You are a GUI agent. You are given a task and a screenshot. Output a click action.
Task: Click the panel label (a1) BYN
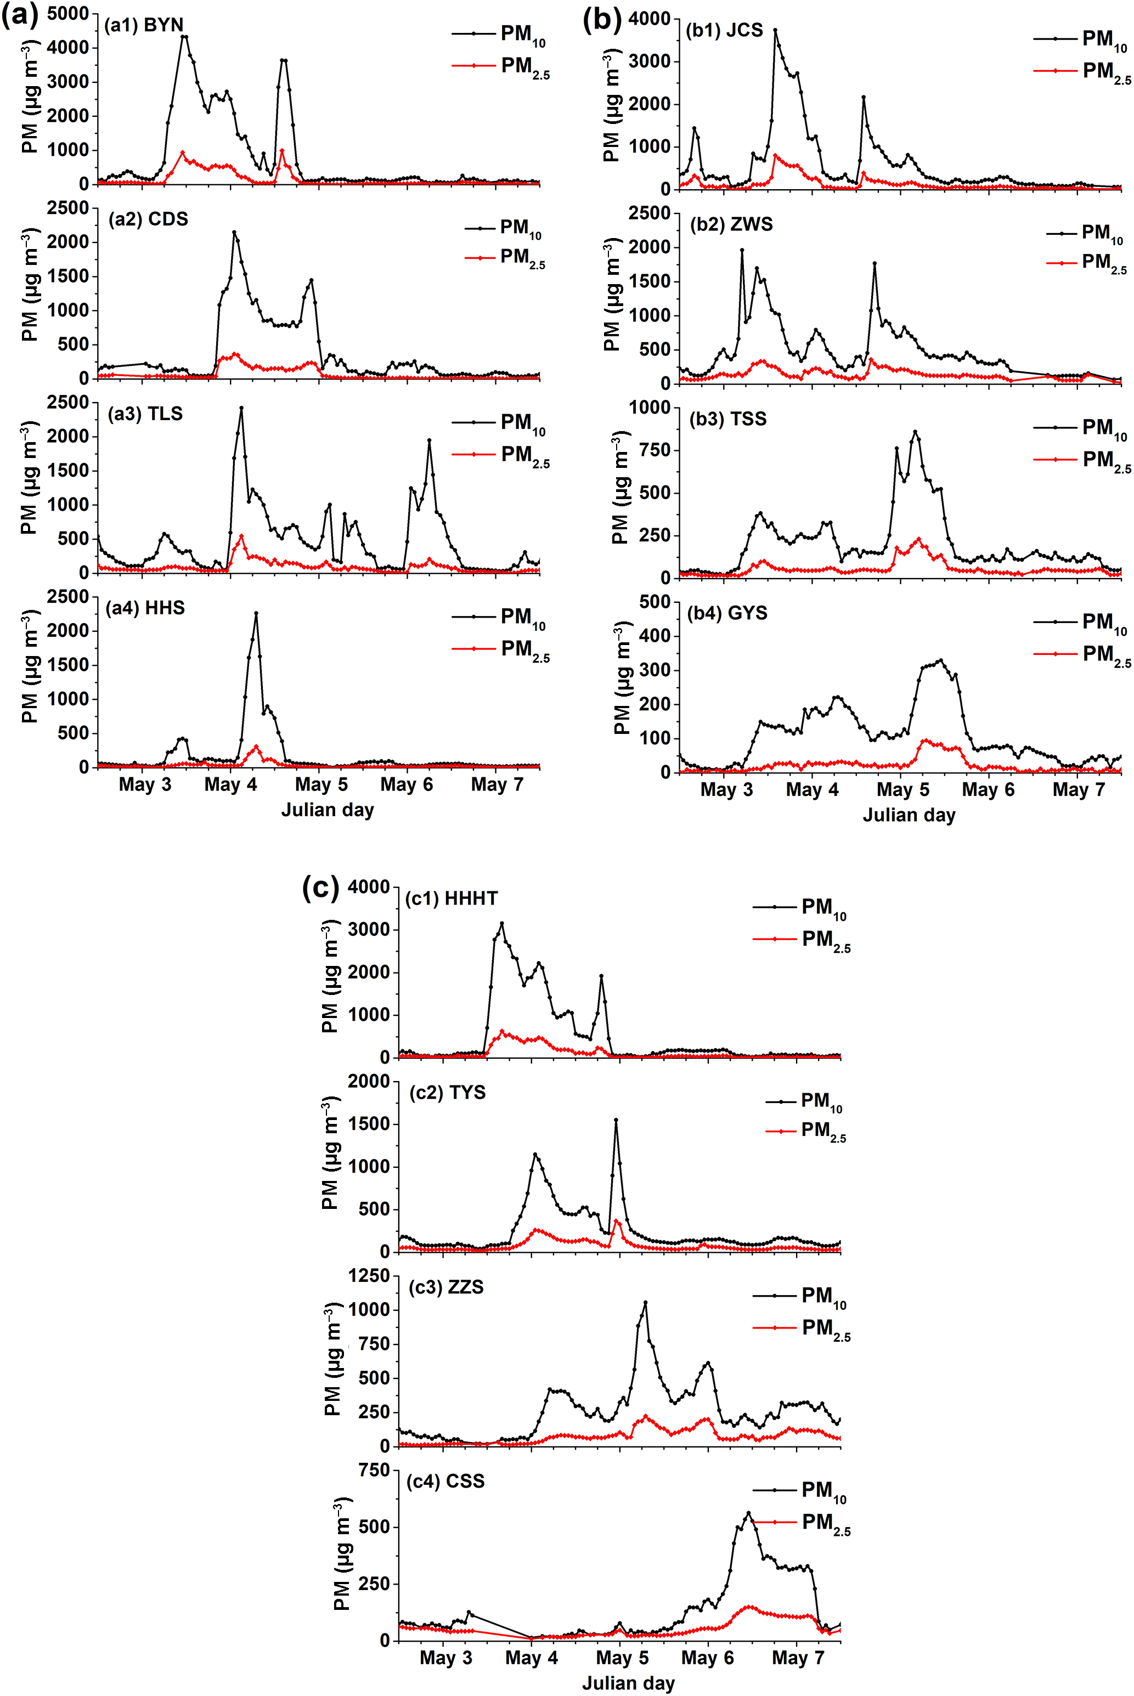[x=144, y=25]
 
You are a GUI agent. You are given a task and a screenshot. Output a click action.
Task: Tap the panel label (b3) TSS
[x=727, y=419]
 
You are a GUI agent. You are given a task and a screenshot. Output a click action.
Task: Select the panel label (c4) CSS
[x=445, y=1482]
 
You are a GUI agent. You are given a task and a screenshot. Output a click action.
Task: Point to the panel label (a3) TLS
[x=145, y=414]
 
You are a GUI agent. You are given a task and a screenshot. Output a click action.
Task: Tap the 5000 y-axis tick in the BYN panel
[x=68, y=14]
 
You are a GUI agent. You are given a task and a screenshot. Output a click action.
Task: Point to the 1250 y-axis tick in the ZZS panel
[x=369, y=1276]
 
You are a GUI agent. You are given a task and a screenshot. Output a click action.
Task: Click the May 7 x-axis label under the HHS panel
[x=497, y=784]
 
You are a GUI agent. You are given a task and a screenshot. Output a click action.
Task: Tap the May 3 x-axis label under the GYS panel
[x=726, y=790]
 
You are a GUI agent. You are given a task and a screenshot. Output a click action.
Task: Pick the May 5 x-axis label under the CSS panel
[x=622, y=1658]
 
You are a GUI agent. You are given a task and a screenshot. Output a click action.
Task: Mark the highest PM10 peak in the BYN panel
[x=184, y=37]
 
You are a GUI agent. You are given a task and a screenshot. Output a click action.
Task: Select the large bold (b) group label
[x=602, y=20]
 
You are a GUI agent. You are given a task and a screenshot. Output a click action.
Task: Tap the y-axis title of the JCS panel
[x=611, y=105]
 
